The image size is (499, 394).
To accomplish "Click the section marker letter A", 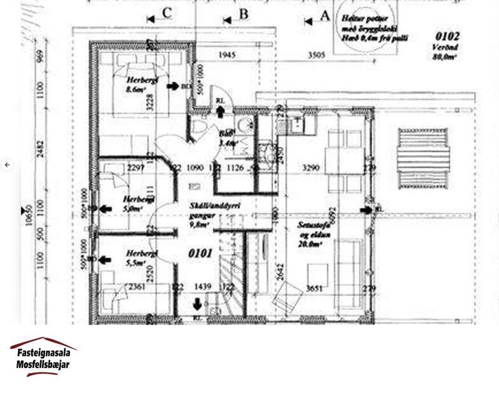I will point(324,17).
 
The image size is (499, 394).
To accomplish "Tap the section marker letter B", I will point(243,14).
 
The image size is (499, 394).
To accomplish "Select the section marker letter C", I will point(167,13).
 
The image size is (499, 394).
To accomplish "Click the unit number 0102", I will point(448,37).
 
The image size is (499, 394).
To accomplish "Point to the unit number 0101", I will point(200,253).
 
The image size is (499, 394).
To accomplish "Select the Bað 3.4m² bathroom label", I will point(228,139).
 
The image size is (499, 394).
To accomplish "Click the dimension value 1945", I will point(226,55).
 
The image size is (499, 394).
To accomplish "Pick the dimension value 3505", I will point(317,55).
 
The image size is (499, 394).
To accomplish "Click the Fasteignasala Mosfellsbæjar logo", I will point(43,357).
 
